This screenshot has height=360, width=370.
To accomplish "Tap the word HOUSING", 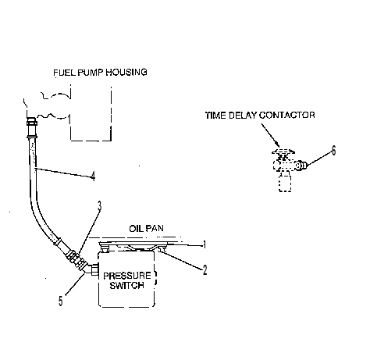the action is (126, 72).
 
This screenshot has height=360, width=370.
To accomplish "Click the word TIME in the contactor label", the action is (215, 115).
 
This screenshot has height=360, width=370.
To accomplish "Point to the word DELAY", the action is (243, 115).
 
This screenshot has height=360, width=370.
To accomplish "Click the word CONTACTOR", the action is (287, 115).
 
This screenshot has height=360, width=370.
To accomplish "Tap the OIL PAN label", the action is (147, 228).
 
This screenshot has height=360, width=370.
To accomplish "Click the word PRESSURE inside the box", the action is (127, 276).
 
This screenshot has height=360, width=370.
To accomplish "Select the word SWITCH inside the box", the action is (127, 285).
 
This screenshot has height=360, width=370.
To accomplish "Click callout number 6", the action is (333, 151).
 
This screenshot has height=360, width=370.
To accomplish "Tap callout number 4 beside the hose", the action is (93, 176).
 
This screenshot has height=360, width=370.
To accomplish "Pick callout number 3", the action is (99, 206).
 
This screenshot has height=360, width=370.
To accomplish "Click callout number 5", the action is (61, 301).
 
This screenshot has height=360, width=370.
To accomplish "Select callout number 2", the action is (205, 270).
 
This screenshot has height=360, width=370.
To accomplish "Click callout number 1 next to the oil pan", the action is (205, 244).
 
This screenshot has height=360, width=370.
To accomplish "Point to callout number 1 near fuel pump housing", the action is (69, 119).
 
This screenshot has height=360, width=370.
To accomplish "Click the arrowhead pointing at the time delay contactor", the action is (277, 144).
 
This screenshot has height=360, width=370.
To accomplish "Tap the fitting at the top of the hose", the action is (31, 127).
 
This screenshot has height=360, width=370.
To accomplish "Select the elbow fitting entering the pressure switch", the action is (92, 269).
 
